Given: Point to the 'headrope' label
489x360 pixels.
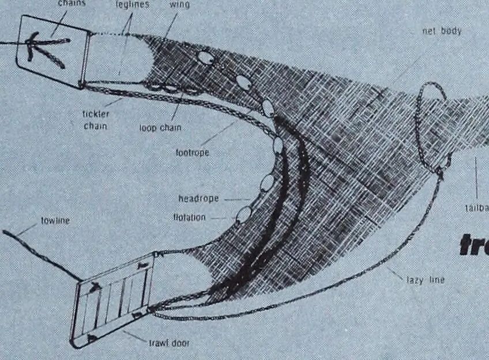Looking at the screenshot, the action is click(x=198, y=198).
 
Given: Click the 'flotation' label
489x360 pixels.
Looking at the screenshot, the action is click(x=189, y=217).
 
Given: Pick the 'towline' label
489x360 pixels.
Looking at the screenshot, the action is click(x=55, y=220).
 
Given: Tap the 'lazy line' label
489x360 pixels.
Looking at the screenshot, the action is click(x=426, y=280).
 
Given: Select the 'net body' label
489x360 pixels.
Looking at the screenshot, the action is click(x=442, y=31).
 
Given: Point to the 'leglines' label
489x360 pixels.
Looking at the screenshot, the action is click(x=132, y=5).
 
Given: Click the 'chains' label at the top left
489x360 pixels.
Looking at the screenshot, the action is click(x=72, y=3).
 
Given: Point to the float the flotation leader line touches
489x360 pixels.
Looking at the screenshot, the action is click(x=243, y=215).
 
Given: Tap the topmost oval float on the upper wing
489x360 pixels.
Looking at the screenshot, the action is click(x=205, y=58).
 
